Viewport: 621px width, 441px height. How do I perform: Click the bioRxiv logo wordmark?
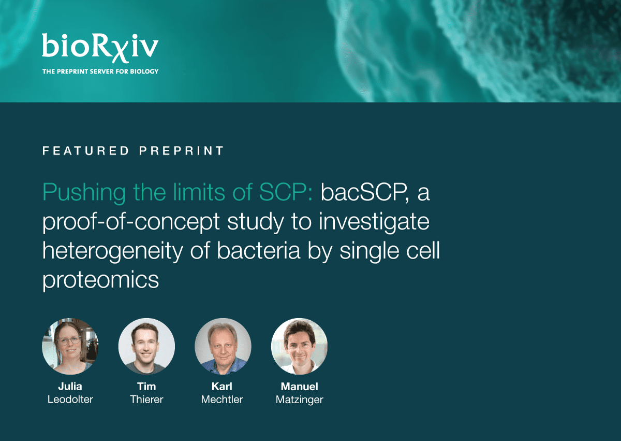click(x=100, y=48)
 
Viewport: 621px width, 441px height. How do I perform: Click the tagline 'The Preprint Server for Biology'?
click(x=100, y=72)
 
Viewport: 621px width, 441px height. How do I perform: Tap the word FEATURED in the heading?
click(x=86, y=151)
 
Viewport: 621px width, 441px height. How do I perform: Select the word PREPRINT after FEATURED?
click(x=181, y=151)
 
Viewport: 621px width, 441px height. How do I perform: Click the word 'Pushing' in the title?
click(x=84, y=193)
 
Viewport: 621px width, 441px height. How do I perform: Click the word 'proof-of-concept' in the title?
click(x=131, y=222)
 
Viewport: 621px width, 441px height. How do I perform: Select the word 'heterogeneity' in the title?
click(x=113, y=251)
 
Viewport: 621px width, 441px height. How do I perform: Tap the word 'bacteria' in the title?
click(x=258, y=251)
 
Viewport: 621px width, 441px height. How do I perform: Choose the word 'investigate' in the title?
click(x=374, y=222)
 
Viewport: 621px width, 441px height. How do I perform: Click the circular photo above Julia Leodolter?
click(x=70, y=346)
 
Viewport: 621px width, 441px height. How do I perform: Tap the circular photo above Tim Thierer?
click(x=146, y=346)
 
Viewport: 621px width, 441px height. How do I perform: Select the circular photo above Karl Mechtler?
click(x=223, y=346)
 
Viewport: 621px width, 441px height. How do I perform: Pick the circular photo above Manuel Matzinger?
click(x=300, y=346)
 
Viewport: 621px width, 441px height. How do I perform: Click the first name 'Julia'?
click(x=70, y=386)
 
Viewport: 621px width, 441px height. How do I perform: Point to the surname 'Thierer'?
click(x=146, y=400)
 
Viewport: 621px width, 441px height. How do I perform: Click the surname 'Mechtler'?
click(x=222, y=400)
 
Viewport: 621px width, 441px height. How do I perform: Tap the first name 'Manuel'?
click(x=300, y=386)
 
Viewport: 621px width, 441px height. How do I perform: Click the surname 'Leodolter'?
click(x=70, y=400)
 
